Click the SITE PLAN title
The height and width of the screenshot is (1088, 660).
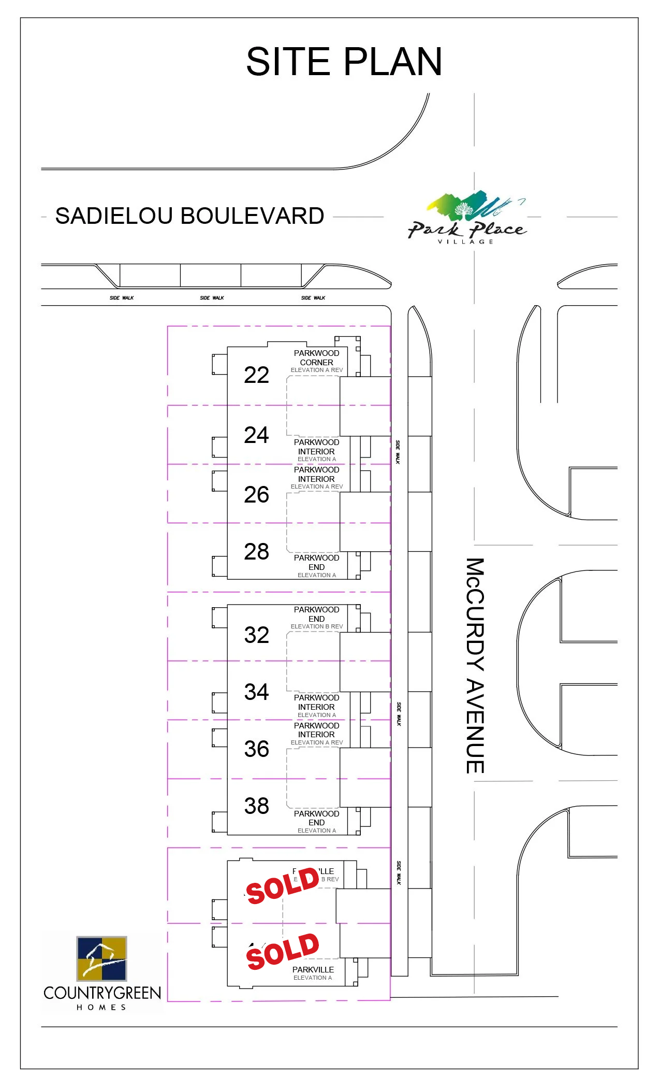tap(344, 62)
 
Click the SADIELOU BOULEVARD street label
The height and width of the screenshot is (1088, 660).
tap(189, 216)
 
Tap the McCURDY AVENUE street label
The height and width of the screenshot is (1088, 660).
tap(475, 665)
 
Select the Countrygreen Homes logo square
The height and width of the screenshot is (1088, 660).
tap(101, 958)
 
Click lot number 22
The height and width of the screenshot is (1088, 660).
tap(256, 375)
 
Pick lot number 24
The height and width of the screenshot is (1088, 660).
tap(256, 435)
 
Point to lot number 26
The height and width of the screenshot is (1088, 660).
tap(256, 495)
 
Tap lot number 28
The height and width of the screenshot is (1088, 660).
tap(256, 552)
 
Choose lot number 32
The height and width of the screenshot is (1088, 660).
tap(256, 635)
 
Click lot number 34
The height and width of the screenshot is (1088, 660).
tap(256, 692)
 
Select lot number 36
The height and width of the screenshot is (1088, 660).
tap(256, 749)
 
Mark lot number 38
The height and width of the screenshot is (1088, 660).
tap(256, 806)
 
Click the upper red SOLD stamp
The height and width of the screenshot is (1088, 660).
tap(283, 886)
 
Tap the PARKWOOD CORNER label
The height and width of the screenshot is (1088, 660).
tap(316, 358)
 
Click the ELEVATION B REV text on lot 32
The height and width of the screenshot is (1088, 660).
tap(316, 626)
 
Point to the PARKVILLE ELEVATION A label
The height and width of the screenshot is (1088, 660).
tap(313, 973)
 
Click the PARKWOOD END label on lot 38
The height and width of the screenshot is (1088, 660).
tap(316, 818)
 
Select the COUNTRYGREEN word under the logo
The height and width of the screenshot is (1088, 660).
tap(102, 993)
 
